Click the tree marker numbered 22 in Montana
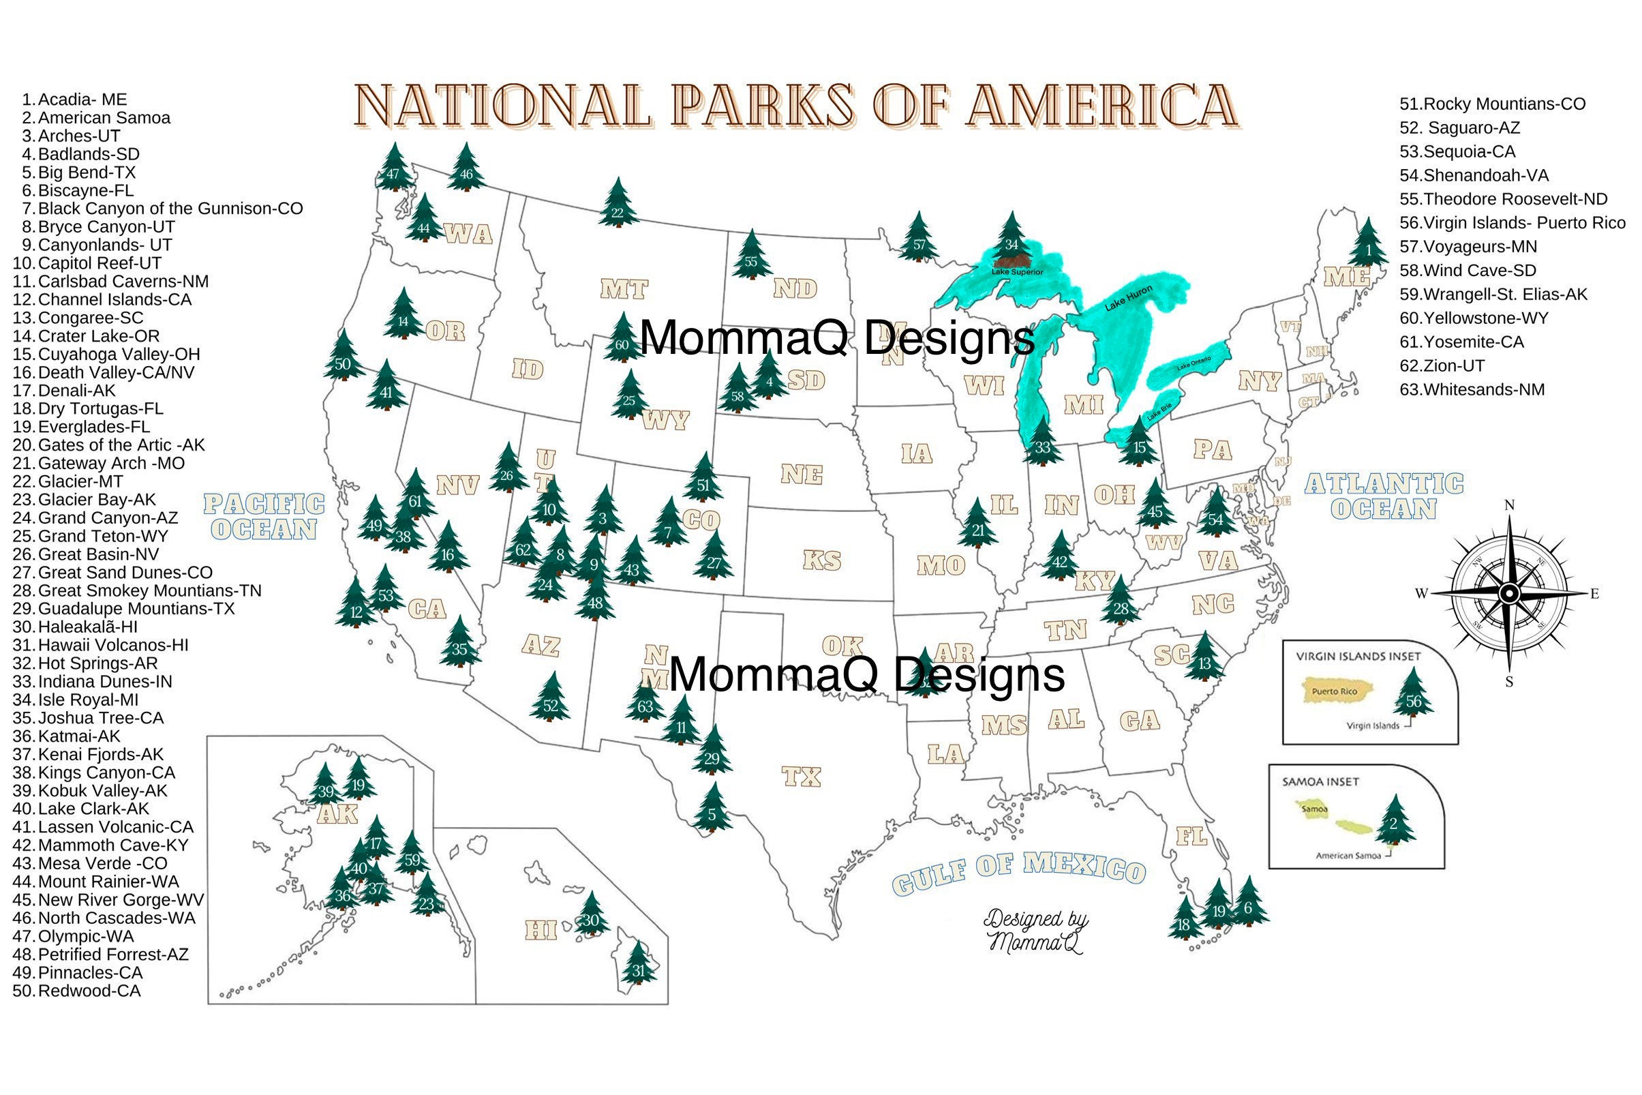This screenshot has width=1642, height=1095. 617,205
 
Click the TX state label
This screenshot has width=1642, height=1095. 802,776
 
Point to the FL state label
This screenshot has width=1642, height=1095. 1191,835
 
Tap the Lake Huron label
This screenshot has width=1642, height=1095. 1128,297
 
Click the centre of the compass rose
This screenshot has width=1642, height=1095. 1508,594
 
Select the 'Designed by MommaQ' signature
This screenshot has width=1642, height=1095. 1036,931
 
